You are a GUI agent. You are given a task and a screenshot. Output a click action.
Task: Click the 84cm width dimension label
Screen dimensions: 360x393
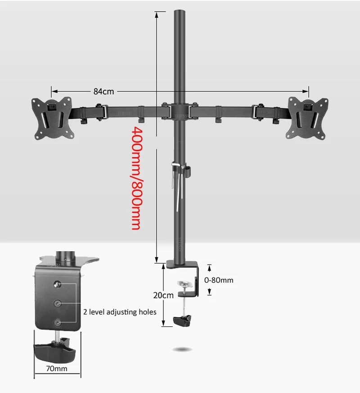pos(103,91)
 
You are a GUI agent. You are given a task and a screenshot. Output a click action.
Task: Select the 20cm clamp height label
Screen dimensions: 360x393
pos(163,295)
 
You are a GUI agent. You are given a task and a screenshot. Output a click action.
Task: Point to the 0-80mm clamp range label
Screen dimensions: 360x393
pos(219,280)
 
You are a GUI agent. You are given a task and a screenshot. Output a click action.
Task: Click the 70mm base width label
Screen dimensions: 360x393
pos(58,369)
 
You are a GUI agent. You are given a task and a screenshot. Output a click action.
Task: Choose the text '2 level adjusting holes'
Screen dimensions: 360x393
pos(120,312)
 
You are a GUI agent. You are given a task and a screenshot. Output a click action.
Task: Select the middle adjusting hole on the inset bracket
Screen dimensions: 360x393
pos(58,304)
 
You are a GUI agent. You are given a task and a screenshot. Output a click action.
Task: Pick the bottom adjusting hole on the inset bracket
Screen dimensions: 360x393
pos(58,322)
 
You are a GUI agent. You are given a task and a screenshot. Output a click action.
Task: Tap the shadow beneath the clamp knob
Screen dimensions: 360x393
pos(183,348)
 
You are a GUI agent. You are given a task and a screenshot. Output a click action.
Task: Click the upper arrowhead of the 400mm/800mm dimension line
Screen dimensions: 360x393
pos(157,14)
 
